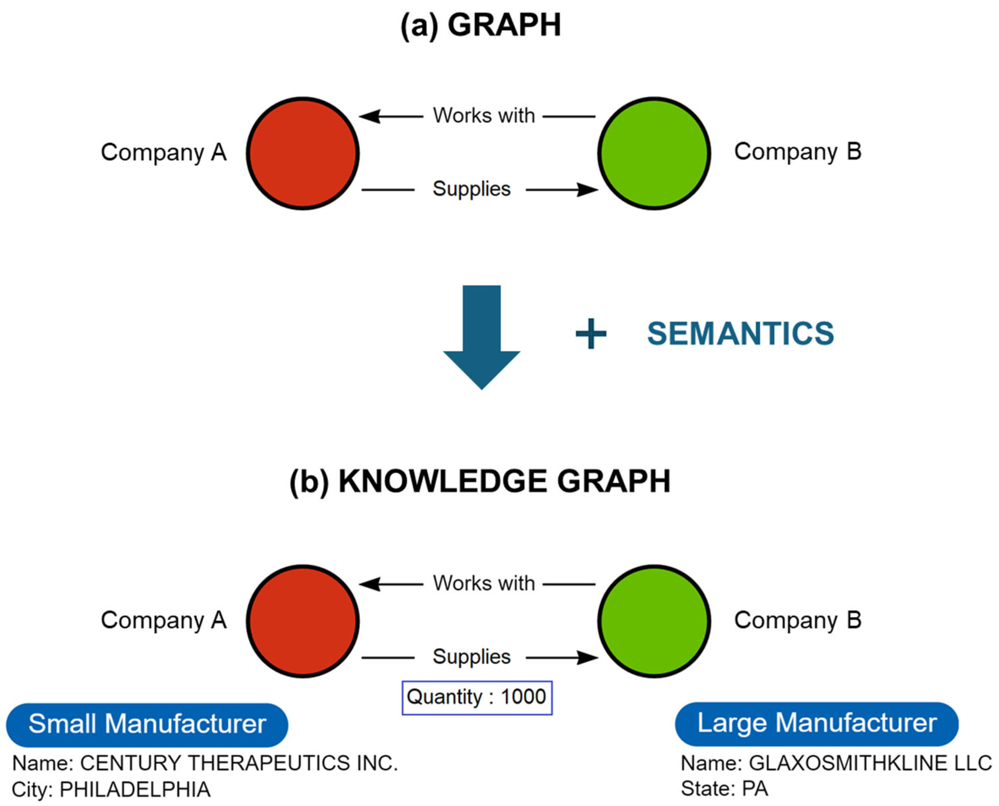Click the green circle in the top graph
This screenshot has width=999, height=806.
coord(654,153)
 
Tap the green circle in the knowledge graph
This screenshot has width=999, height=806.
coord(654,621)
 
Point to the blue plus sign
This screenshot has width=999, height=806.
coord(590,333)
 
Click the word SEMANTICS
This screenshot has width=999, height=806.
coord(740,333)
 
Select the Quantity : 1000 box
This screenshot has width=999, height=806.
coord(477,697)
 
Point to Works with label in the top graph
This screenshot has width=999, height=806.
coord(484,115)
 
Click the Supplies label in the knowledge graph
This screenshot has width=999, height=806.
coord(471,656)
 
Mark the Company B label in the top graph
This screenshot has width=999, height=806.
coord(797,152)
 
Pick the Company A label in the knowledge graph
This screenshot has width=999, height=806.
coord(164,620)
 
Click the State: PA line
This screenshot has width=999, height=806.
coord(724,789)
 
